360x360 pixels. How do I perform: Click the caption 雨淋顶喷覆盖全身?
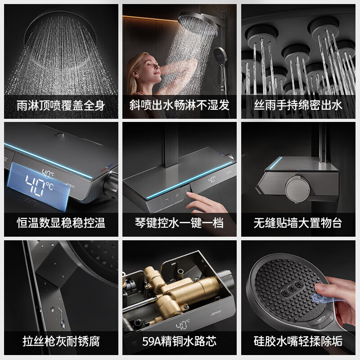click(61, 106)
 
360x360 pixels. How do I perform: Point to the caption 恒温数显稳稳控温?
click(61, 223)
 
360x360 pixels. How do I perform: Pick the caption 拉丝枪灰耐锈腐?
click(61, 341)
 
